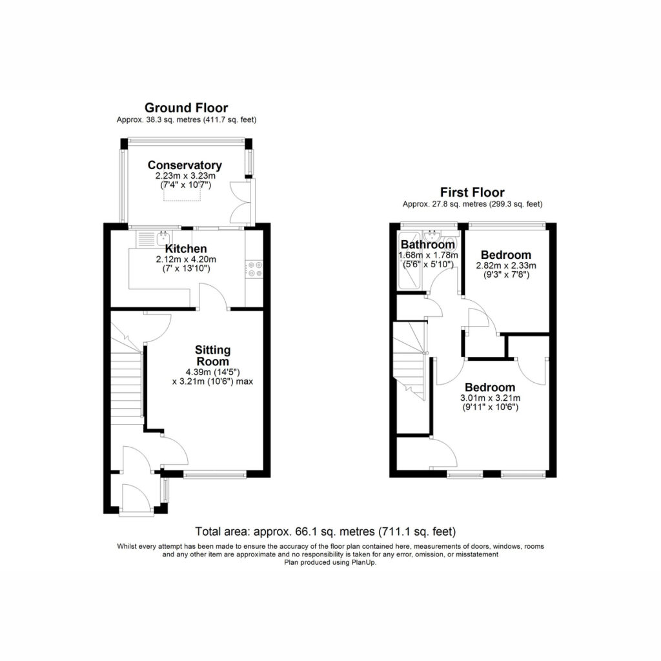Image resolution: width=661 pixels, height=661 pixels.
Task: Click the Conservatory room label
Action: [x=185, y=165]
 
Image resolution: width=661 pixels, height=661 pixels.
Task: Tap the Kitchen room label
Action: [x=186, y=249]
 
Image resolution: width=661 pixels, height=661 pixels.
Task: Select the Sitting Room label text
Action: [x=213, y=356]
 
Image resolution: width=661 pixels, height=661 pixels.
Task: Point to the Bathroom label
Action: [x=428, y=245]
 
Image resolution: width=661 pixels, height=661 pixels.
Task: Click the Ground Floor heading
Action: [x=187, y=108]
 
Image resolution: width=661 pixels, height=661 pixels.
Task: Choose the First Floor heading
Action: [x=472, y=192]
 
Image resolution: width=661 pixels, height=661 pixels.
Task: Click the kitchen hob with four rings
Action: [x=255, y=269]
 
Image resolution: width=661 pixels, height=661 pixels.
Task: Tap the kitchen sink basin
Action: [x=163, y=238]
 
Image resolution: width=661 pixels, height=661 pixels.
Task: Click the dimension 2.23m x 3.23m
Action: [x=185, y=176]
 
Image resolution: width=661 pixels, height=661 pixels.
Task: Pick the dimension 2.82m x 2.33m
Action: [x=506, y=265]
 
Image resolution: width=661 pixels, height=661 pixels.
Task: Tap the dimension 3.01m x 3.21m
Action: [x=491, y=398]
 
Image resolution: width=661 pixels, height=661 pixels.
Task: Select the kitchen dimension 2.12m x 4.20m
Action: [x=186, y=259]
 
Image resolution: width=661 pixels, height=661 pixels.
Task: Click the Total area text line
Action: [x=325, y=531]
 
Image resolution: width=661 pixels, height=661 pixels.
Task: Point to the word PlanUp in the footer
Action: [x=364, y=562]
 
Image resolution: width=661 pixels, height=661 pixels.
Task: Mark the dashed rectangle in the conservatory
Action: [x=182, y=195]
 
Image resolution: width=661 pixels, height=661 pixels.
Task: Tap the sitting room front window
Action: [x=215, y=474]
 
